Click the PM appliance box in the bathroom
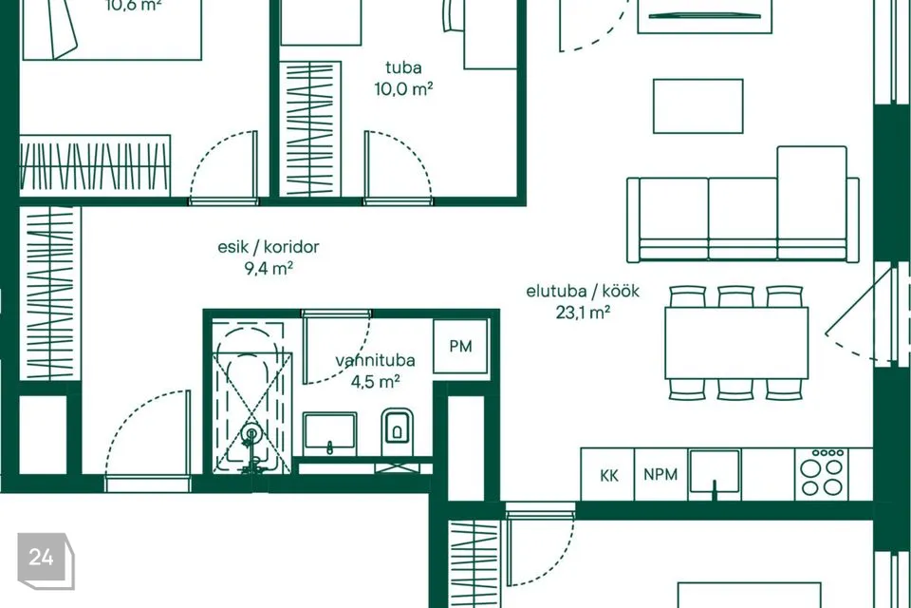pos(461,346)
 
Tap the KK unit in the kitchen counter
pos(608,474)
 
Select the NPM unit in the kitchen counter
pos(660,474)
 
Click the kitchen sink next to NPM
pos(715,474)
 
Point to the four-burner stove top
pos(821,474)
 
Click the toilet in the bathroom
pos(398,431)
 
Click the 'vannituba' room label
pos(376,360)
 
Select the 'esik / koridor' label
pos(269,247)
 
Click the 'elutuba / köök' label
pos(583,291)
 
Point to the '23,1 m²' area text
pos(583,313)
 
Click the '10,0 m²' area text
pos(404,89)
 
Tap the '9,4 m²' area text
pos(269,268)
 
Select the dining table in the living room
pos(736,343)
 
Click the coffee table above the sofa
pos(697,106)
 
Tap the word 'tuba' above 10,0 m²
pos(404,67)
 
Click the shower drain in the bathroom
pos(251,433)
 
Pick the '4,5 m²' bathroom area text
pos(376,382)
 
